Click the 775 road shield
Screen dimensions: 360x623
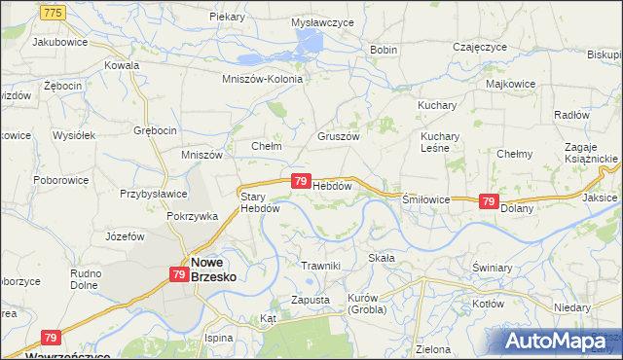(54, 11)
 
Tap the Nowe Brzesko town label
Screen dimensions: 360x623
(213, 268)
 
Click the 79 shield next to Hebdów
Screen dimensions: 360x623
(301, 181)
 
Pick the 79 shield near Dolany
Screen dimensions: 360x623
(490, 201)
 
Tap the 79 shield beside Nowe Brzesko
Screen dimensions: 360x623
(178, 275)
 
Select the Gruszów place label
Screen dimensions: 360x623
(339, 137)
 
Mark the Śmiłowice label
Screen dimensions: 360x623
(426, 198)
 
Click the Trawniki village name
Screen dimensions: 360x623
(320, 266)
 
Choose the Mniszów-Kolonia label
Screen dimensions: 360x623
(263, 79)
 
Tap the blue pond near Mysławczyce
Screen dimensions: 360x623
(309, 41)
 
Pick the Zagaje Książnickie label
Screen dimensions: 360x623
(585, 151)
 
